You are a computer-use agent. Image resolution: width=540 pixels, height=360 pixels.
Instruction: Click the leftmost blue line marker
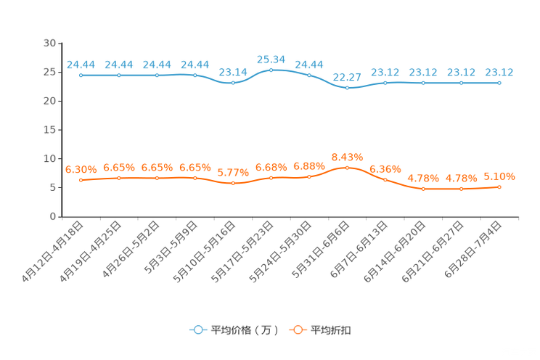(x=81, y=75)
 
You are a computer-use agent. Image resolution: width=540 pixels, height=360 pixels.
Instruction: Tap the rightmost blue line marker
(x=499, y=83)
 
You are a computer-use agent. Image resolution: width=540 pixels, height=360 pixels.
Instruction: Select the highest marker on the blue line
(x=271, y=70)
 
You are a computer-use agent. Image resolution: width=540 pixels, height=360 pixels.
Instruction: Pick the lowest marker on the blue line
(x=347, y=87)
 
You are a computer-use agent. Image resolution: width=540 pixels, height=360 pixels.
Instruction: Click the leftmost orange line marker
(x=81, y=180)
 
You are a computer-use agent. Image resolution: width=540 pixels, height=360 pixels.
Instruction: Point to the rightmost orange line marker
(x=499, y=187)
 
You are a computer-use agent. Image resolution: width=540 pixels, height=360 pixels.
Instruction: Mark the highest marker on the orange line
(x=347, y=167)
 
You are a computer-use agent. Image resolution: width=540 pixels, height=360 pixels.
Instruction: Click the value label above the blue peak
(x=271, y=59)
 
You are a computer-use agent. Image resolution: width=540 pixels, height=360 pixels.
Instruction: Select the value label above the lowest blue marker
(x=347, y=76)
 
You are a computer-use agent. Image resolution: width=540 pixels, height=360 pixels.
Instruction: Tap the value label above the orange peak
(x=347, y=157)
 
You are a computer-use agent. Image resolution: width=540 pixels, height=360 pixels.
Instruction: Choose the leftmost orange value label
(x=81, y=169)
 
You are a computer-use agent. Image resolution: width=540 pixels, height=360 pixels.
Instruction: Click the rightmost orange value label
(x=499, y=176)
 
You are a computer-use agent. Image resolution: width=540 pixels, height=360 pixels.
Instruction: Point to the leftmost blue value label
(x=81, y=65)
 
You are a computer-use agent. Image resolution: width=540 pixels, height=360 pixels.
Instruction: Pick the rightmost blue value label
(x=499, y=72)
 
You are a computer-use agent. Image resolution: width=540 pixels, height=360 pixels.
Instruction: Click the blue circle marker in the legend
(x=197, y=330)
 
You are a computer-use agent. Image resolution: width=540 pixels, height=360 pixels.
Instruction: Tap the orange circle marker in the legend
(x=297, y=330)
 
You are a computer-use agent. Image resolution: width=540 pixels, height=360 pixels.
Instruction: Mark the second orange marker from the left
(x=119, y=177)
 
